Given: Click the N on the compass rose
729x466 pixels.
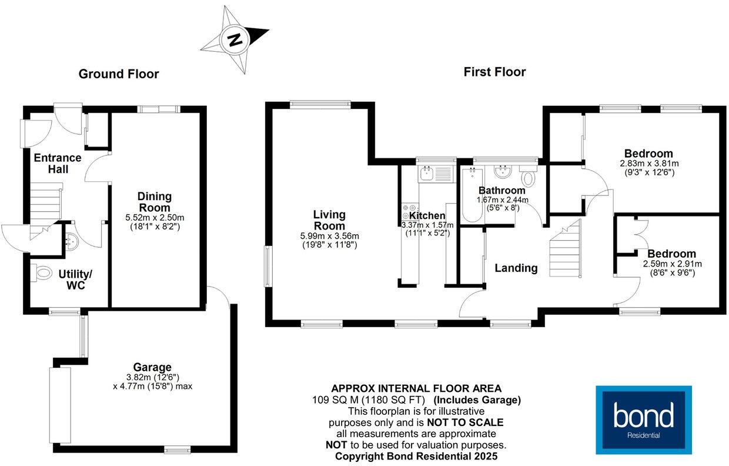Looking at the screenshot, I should click(x=235, y=40).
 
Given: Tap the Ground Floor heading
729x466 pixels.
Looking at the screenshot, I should click(x=119, y=74).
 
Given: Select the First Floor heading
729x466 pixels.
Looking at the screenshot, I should click(x=494, y=72).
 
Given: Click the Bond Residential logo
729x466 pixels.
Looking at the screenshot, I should click(x=643, y=420).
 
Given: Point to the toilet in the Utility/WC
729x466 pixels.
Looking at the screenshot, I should click(x=42, y=274).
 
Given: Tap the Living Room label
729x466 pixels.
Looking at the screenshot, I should click(x=329, y=220).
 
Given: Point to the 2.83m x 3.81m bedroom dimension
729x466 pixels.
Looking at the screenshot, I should click(x=649, y=164).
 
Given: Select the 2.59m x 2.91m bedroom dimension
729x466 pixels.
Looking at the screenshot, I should click(x=672, y=264).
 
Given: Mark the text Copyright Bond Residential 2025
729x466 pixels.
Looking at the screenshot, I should click(x=416, y=456).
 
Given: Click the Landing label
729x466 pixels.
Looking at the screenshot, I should click(x=516, y=268).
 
